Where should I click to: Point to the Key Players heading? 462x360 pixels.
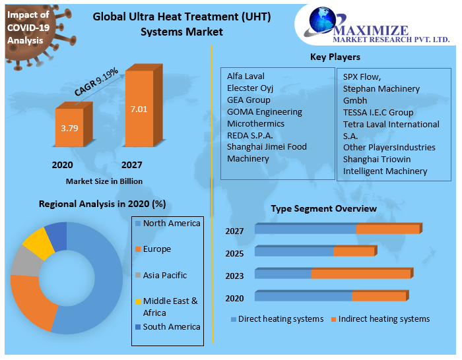click(335, 57)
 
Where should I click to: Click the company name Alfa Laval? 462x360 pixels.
click(246, 76)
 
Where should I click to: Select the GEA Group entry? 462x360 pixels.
click(249, 100)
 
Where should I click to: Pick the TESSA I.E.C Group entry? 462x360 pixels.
click(378, 112)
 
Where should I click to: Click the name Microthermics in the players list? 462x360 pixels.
click(255, 123)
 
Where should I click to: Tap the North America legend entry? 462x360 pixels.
click(171, 224)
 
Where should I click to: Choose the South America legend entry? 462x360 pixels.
click(171, 326)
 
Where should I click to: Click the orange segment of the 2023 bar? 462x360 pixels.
click(360, 274)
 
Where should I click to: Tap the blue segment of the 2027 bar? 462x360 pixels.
click(305, 229)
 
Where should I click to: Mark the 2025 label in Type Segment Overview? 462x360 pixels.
click(234, 253)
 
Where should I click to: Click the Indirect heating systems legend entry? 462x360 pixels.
click(383, 319)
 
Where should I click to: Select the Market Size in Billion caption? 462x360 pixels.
click(104, 181)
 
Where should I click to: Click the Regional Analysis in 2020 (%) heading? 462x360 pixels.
click(102, 204)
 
